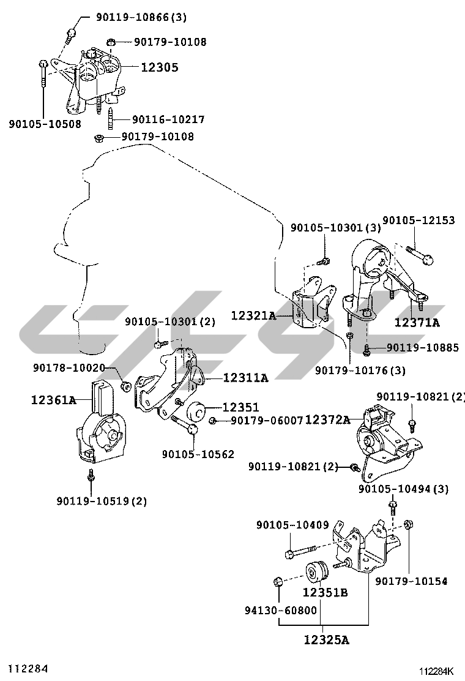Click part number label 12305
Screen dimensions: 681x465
[x=160, y=67]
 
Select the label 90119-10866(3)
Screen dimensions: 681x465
[x=141, y=18]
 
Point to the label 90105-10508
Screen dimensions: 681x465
[x=45, y=125]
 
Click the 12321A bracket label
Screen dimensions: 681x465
[x=253, y=316]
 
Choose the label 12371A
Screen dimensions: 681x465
[x=417, y=322]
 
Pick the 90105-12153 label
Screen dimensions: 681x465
[x=418, y=220]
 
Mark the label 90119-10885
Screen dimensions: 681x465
[x=422, y=348]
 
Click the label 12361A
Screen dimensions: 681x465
[x=54, y=401]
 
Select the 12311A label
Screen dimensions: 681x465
[x=245, y=378]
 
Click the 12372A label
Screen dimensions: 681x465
[x=327, y=420]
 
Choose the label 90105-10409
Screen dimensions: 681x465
[x=292, y=525]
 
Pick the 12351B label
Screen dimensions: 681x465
[x=325, y=593]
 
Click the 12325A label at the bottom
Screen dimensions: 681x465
[x=325, y=641]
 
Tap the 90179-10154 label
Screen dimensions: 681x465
[x=411, y=581]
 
